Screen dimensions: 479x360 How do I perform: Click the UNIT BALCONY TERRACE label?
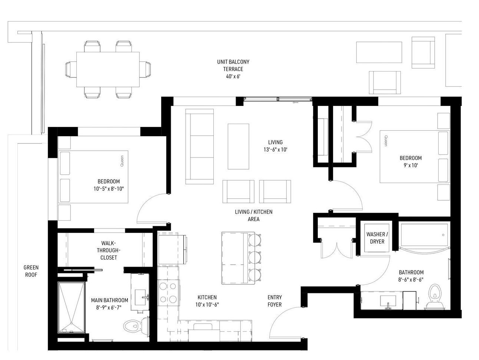click(x=233, y=65)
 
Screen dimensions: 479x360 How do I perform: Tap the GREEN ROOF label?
click(x=31, y=271)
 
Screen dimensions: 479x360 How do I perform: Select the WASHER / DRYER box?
click(x=377, y=238)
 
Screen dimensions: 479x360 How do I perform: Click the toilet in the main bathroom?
click(x=137, y=326)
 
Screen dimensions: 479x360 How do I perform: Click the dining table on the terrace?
click(x=108, y=69)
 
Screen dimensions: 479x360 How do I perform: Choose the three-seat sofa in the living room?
click(x=199, y=147)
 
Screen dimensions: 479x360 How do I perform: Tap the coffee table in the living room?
click(x=238, y=147)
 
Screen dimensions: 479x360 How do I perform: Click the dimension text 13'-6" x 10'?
click(x=275, y=150)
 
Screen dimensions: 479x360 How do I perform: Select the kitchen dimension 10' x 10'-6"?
click(x=207, y=304)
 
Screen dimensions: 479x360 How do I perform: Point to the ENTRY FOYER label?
click(x=275, y=301)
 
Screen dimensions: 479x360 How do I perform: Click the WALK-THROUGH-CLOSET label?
click(x=109, y=250)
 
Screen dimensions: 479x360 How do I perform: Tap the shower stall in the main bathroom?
click(x=71, y=307)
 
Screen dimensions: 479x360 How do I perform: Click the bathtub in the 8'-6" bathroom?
click(x=425, y=236)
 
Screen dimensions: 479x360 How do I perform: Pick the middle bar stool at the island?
click(x=255, y=257)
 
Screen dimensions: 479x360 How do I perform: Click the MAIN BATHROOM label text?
click(x=110, y=300)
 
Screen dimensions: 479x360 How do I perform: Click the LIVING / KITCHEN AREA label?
click(x=253, y=215)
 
